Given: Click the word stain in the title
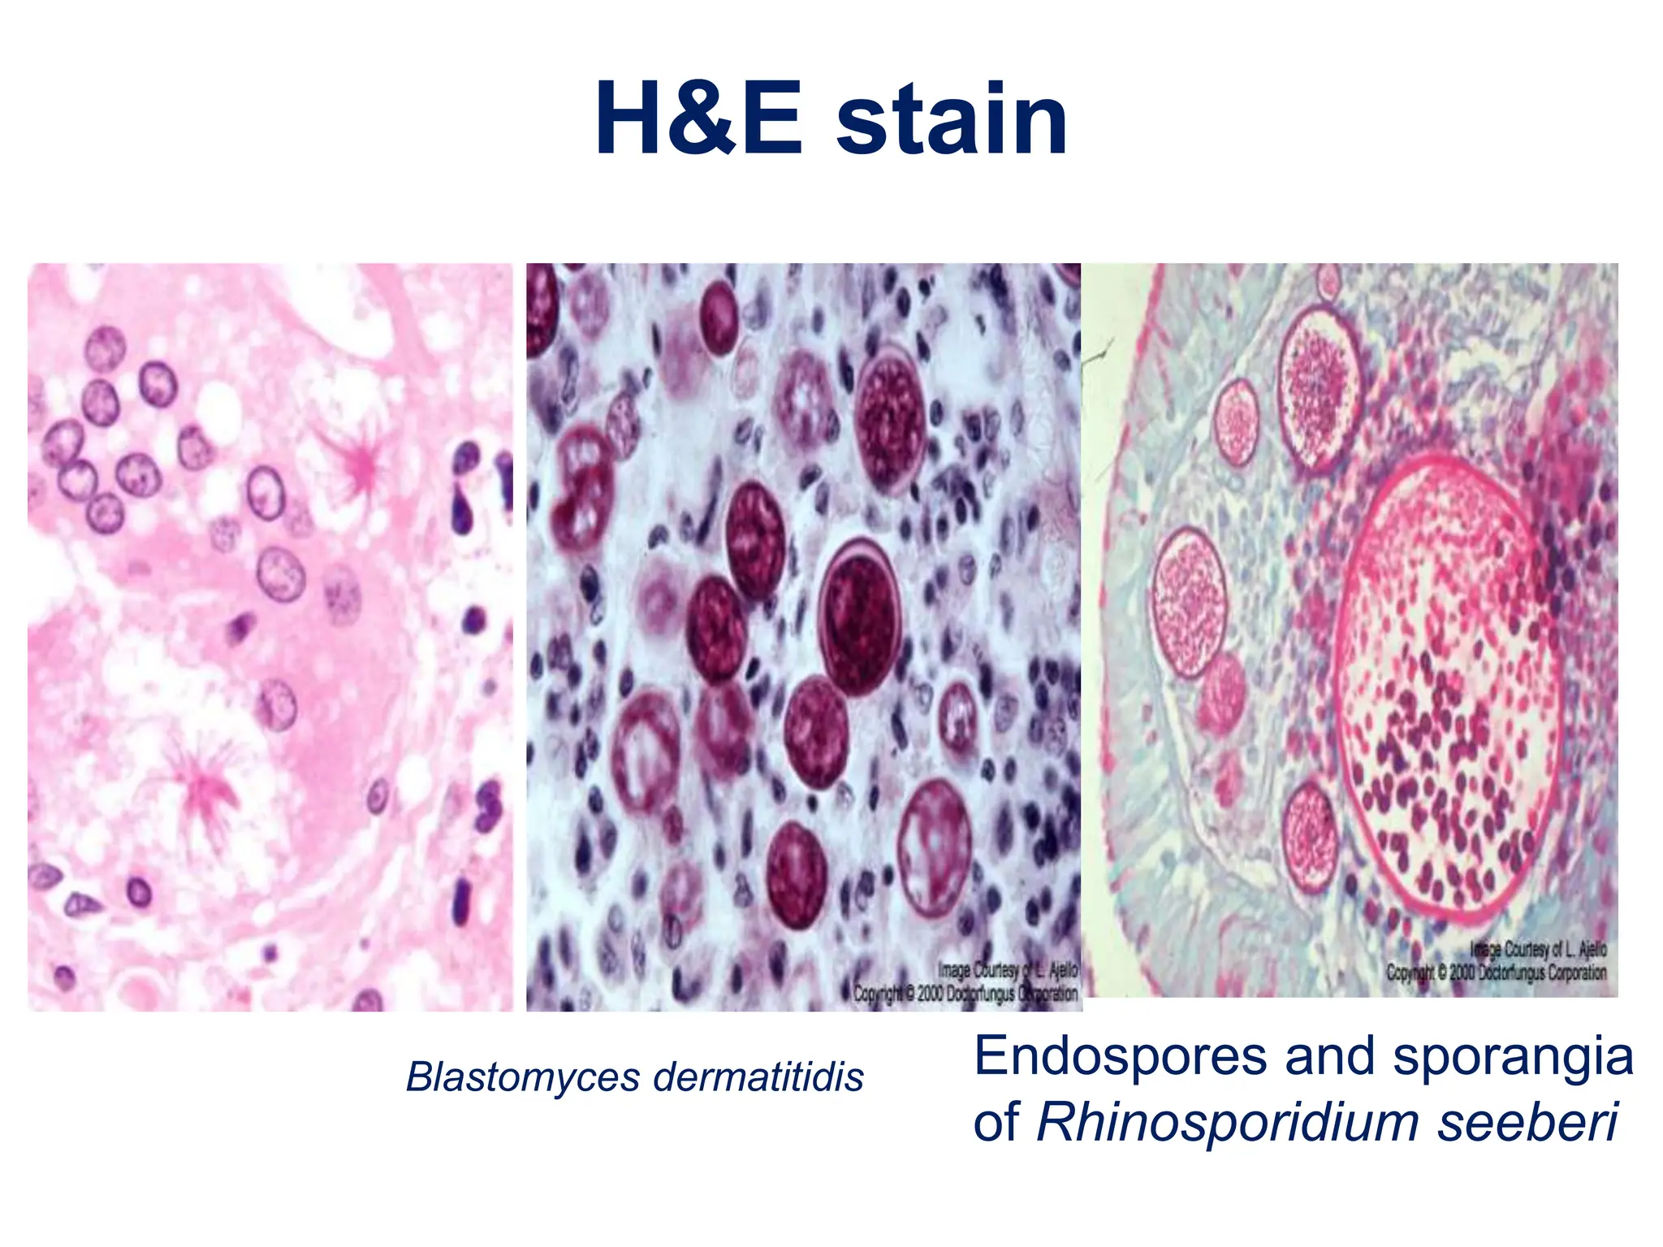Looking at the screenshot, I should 952,122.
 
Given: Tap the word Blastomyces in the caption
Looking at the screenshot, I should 524,1077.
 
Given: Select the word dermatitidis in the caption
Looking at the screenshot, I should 758,1077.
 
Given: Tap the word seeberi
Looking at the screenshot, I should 1528,1123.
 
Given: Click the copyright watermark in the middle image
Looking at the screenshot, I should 966,982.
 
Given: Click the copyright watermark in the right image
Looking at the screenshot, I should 1497,961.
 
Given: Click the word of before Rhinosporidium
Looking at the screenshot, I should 996,1123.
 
